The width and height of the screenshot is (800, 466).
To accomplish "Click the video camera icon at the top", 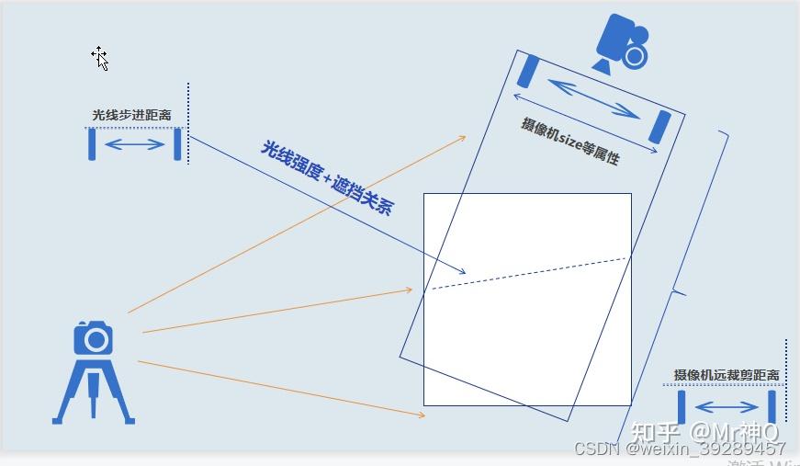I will pos(622,44).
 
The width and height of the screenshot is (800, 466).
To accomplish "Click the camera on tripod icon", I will pos(94,371).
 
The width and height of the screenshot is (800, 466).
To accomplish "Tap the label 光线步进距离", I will pos(131,116).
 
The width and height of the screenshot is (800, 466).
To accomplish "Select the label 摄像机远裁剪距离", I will pos(727,375).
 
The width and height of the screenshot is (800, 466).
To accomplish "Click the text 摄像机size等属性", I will pos(570,141).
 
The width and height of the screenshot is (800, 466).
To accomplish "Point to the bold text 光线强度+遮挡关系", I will pos(327,177).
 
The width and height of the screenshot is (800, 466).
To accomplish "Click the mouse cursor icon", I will pos(99,58).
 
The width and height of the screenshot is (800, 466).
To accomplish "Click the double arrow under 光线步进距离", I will pos(134,144).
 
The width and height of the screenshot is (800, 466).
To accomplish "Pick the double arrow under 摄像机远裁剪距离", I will pos(727,407).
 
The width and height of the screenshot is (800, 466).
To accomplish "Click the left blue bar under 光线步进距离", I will pos(92,144).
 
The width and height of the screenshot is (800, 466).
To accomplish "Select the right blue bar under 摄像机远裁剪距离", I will pos(772,407).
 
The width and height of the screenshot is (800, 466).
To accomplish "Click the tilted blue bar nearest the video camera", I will pos(529,72).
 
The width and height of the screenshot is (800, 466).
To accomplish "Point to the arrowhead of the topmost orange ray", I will pos(462,138).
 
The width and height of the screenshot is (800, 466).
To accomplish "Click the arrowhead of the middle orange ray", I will pos(409,290).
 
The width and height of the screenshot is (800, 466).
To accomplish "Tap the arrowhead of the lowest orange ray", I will pos(422,415).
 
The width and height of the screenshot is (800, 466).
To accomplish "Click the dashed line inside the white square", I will pos(528,273).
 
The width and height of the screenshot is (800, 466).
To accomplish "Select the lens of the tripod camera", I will pos(95,341).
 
